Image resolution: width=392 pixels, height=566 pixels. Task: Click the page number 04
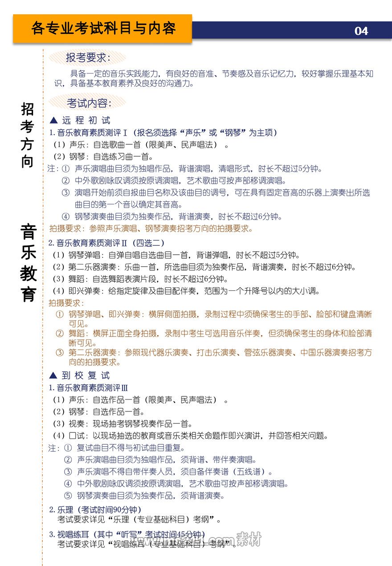tap(361, 31)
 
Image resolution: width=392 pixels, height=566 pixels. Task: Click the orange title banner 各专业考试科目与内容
tap(103, 29)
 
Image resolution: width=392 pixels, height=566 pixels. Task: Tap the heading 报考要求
tap(88, 58)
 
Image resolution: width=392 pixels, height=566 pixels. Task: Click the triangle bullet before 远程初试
tap(54, 120)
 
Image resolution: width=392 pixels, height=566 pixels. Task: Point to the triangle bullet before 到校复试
tap(53, 375)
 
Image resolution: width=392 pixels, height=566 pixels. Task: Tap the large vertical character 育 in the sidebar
tap(28, 294)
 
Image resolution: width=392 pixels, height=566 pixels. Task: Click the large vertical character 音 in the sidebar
tap(28, 232)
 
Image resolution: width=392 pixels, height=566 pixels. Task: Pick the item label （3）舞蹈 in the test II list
tap(71, 279)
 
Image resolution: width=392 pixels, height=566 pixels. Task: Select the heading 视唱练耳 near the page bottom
tap(73, 534)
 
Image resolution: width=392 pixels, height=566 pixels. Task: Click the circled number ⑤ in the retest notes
tap(68, 496)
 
